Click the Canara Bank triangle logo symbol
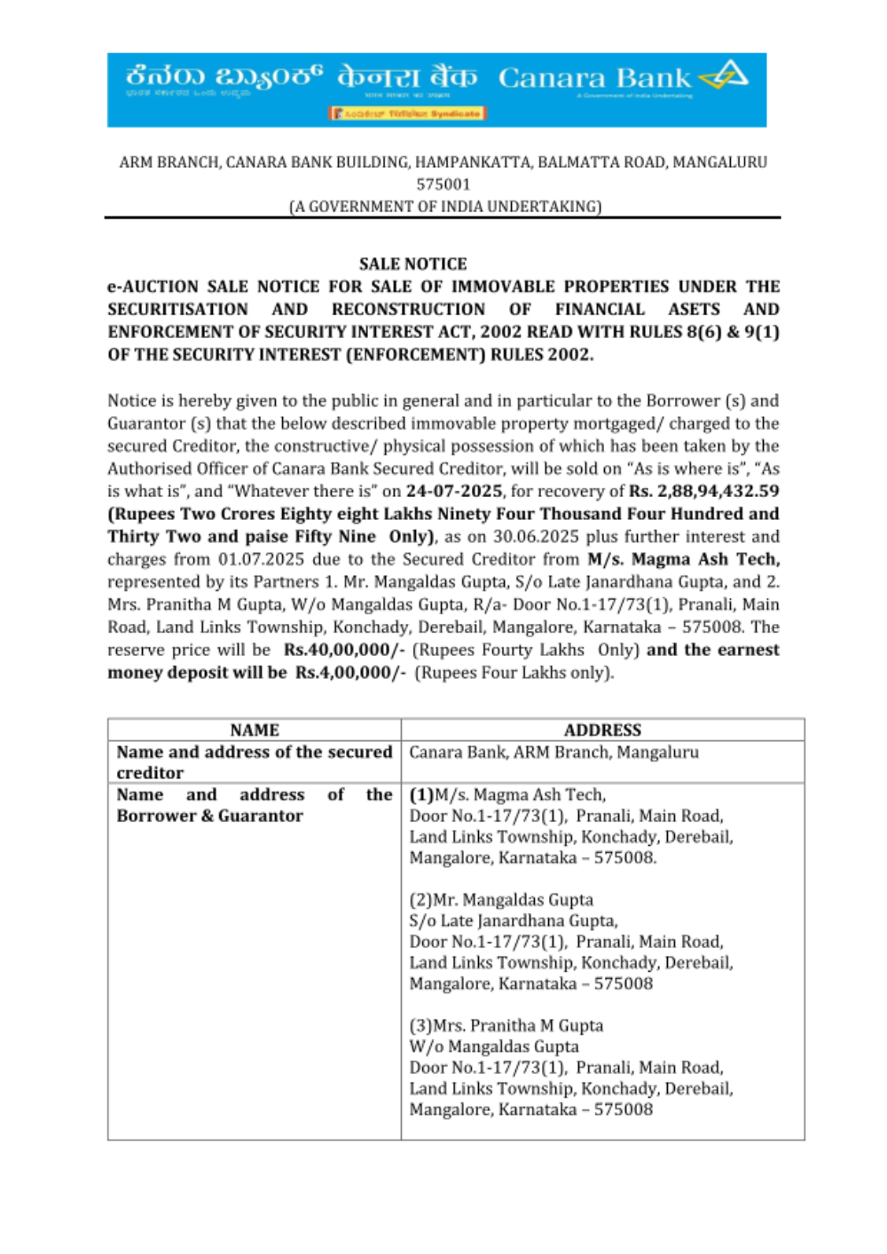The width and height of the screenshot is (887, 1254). click(726, 75)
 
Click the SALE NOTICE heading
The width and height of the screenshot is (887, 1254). click(412, 264)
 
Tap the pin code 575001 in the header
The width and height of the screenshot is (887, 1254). click(443, 185)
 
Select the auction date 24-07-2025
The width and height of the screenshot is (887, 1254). click(454, 491)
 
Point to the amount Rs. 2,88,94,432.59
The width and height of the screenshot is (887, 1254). click(704, 491)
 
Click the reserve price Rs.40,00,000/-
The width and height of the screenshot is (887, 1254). click(344, 650)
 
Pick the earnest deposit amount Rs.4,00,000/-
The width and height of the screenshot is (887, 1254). click(350, 673)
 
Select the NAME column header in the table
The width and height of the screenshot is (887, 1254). click(255, 730)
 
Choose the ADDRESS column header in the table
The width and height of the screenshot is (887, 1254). click(602, 730)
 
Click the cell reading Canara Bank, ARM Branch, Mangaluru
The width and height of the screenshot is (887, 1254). click(553, 753)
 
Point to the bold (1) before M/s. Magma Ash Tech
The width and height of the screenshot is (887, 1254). click(421, 795)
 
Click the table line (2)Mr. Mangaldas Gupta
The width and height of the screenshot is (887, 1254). click(501, 900)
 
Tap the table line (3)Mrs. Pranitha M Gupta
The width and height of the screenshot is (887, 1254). click(506, 1026)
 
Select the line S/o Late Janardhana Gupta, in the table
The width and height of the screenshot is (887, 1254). click(514, 921)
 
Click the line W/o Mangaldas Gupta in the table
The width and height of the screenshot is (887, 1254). click(493, 1047)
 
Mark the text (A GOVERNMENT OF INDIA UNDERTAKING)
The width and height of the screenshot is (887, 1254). click(444, 207)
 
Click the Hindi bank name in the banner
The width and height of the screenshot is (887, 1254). click(406, 78)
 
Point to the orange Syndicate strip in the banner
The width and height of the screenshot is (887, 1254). click(408, 114)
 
